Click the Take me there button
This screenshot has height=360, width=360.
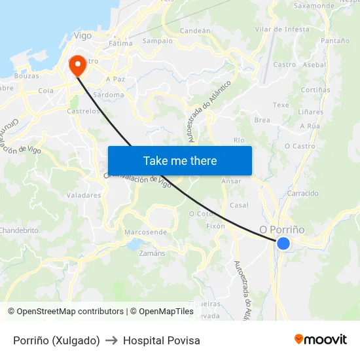[180, 161]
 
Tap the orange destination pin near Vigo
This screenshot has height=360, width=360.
[77, 64]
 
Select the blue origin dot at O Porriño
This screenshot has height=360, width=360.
[283, 243]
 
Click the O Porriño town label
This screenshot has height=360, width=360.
[281, 230]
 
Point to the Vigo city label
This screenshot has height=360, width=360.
[83, 35]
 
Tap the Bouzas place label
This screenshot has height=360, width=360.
[27, 76]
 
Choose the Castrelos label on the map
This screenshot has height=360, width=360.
[84, 111]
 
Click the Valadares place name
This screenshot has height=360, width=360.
[84, 195]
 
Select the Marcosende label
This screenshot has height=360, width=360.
[145, 232]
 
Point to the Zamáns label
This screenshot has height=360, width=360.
[153, 253]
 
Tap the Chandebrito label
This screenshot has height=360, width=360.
[19, 230]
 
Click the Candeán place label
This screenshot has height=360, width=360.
[195, 31]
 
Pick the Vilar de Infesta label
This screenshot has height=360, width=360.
[282, 29]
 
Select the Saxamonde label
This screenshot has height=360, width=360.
[314, 6]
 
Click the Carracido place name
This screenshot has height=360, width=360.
[303, 194]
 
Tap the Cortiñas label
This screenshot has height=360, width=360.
[315, 90]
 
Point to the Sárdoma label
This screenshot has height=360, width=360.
[109, 95]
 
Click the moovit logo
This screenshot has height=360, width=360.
[321, 339]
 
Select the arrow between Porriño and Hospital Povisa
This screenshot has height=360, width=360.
[111, 340]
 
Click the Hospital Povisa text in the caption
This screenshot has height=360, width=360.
[162, 340]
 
